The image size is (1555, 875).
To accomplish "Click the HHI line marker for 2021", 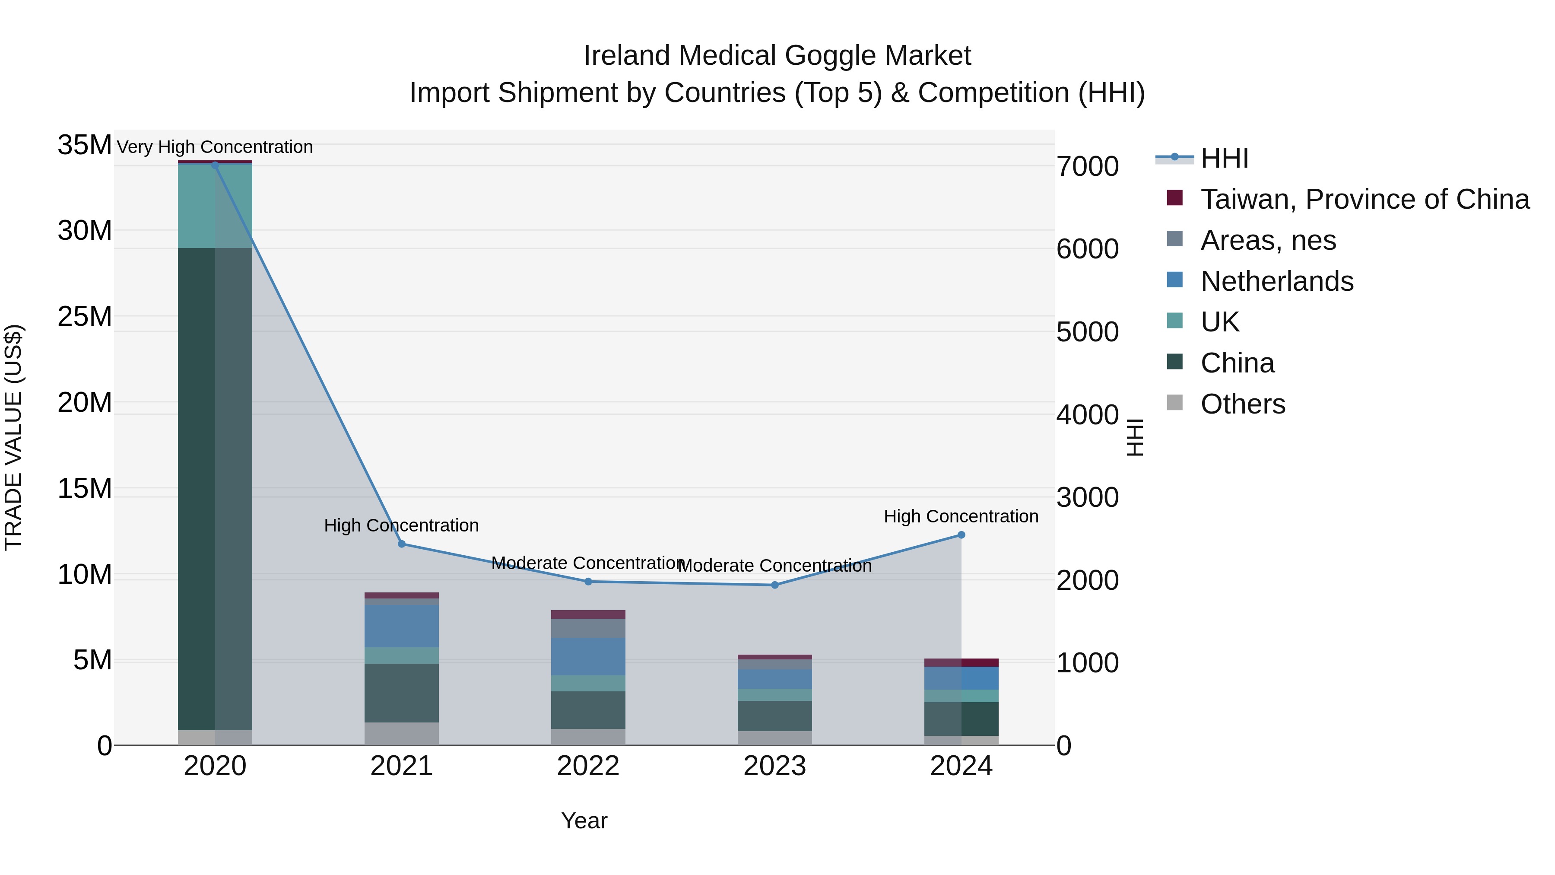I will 401,544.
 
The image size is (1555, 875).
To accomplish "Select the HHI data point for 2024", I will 961,535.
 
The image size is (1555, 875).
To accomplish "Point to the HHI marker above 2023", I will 774,585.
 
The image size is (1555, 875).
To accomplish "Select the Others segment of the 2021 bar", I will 401,734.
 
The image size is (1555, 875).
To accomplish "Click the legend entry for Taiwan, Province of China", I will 1364,199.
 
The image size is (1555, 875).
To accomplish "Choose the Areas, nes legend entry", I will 1268,240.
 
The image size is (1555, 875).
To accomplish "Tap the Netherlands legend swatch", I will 1175,280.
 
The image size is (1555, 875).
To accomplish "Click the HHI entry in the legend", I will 1224,158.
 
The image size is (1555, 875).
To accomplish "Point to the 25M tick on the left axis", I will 85,316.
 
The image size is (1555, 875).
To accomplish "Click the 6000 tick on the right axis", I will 1087,249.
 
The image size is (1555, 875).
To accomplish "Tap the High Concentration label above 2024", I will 961,516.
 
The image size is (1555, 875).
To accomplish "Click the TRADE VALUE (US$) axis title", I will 13,437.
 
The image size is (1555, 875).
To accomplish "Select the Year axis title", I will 584,821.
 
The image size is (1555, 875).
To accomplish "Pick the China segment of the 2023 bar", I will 774,716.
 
